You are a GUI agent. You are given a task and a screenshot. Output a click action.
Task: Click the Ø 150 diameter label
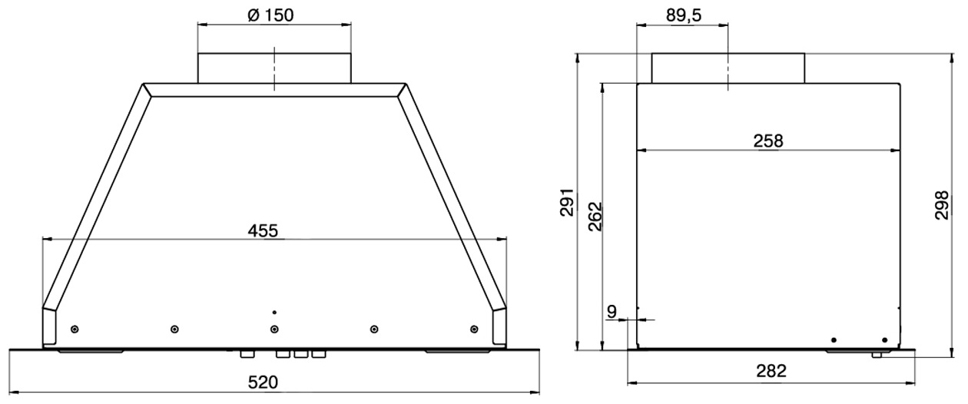(x=270, y=15)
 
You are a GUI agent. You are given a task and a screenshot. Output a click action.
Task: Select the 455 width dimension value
(x=263, y=231)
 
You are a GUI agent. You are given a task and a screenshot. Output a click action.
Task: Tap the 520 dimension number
(x=263, y=382)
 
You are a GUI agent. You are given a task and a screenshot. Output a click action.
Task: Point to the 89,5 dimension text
(x=684, y=15)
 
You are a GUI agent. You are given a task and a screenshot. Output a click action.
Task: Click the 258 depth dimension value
(x=768, y=141)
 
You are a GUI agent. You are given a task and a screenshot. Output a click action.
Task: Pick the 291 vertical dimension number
(x=568, y=202)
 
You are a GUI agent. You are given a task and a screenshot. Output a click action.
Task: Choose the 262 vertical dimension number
(x=595, y=217)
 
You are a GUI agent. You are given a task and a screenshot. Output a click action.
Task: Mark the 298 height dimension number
(x=941, y=205)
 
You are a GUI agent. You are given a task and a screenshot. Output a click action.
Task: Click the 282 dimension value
(x=771, y=371)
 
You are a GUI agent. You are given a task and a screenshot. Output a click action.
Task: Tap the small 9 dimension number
(x=612, y=312)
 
